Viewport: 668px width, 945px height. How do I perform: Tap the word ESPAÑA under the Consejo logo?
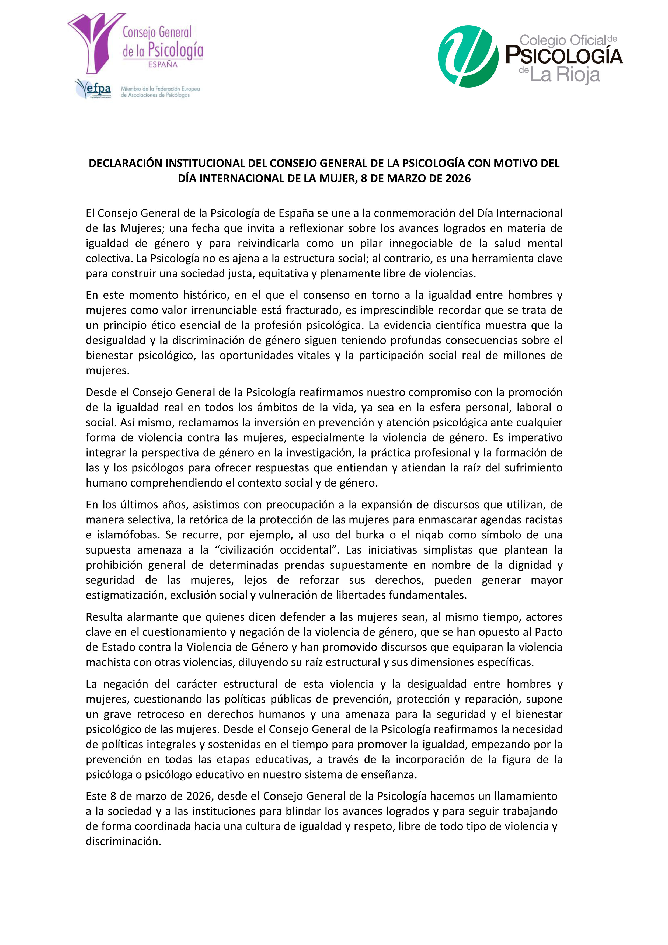pos(163,65)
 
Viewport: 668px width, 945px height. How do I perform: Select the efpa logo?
pos(94,89)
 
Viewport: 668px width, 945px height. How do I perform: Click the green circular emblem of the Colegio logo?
pos(468,56)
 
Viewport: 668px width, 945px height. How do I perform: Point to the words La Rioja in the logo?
pos(565,75)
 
